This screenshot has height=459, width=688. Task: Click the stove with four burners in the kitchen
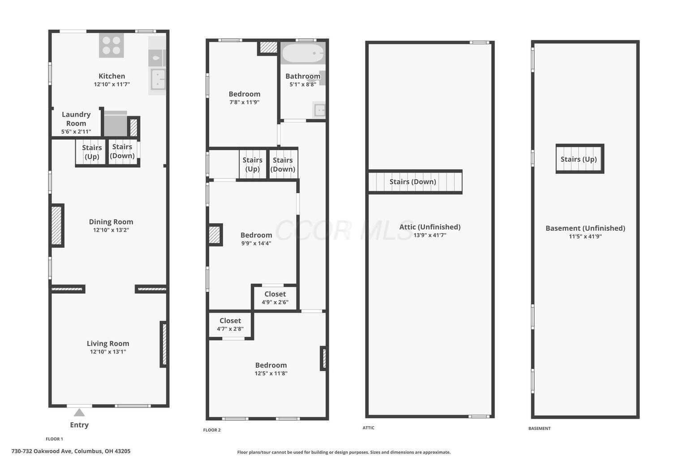coord(112,46)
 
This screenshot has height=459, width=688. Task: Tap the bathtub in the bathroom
coord(303,53)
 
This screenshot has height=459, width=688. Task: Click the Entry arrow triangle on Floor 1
coord(79,412)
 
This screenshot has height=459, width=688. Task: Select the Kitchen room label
coord(112,76)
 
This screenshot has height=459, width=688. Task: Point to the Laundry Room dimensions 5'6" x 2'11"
coord(76,132)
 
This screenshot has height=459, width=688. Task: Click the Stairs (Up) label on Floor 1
coord(92,152)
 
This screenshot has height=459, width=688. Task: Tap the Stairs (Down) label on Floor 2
coord(283,165)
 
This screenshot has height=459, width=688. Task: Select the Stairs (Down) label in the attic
coord(413,182)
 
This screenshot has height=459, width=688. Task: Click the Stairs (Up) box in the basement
coord(580,159)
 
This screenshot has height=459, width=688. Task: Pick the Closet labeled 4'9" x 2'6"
coord(275,298)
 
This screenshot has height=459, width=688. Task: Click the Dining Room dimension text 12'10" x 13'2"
coord(111,230)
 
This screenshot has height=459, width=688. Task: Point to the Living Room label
coord(108,343)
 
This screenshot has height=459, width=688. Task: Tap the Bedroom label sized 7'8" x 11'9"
coord(245,94)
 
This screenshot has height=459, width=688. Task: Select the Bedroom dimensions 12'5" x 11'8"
coord(271,373)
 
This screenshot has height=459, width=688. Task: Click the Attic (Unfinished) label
coord(430,227)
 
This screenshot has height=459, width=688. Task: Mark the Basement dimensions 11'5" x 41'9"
coord(585,236)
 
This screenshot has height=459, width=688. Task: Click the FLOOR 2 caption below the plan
coord(212,430)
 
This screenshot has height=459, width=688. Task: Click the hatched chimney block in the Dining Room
coord(57,225)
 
